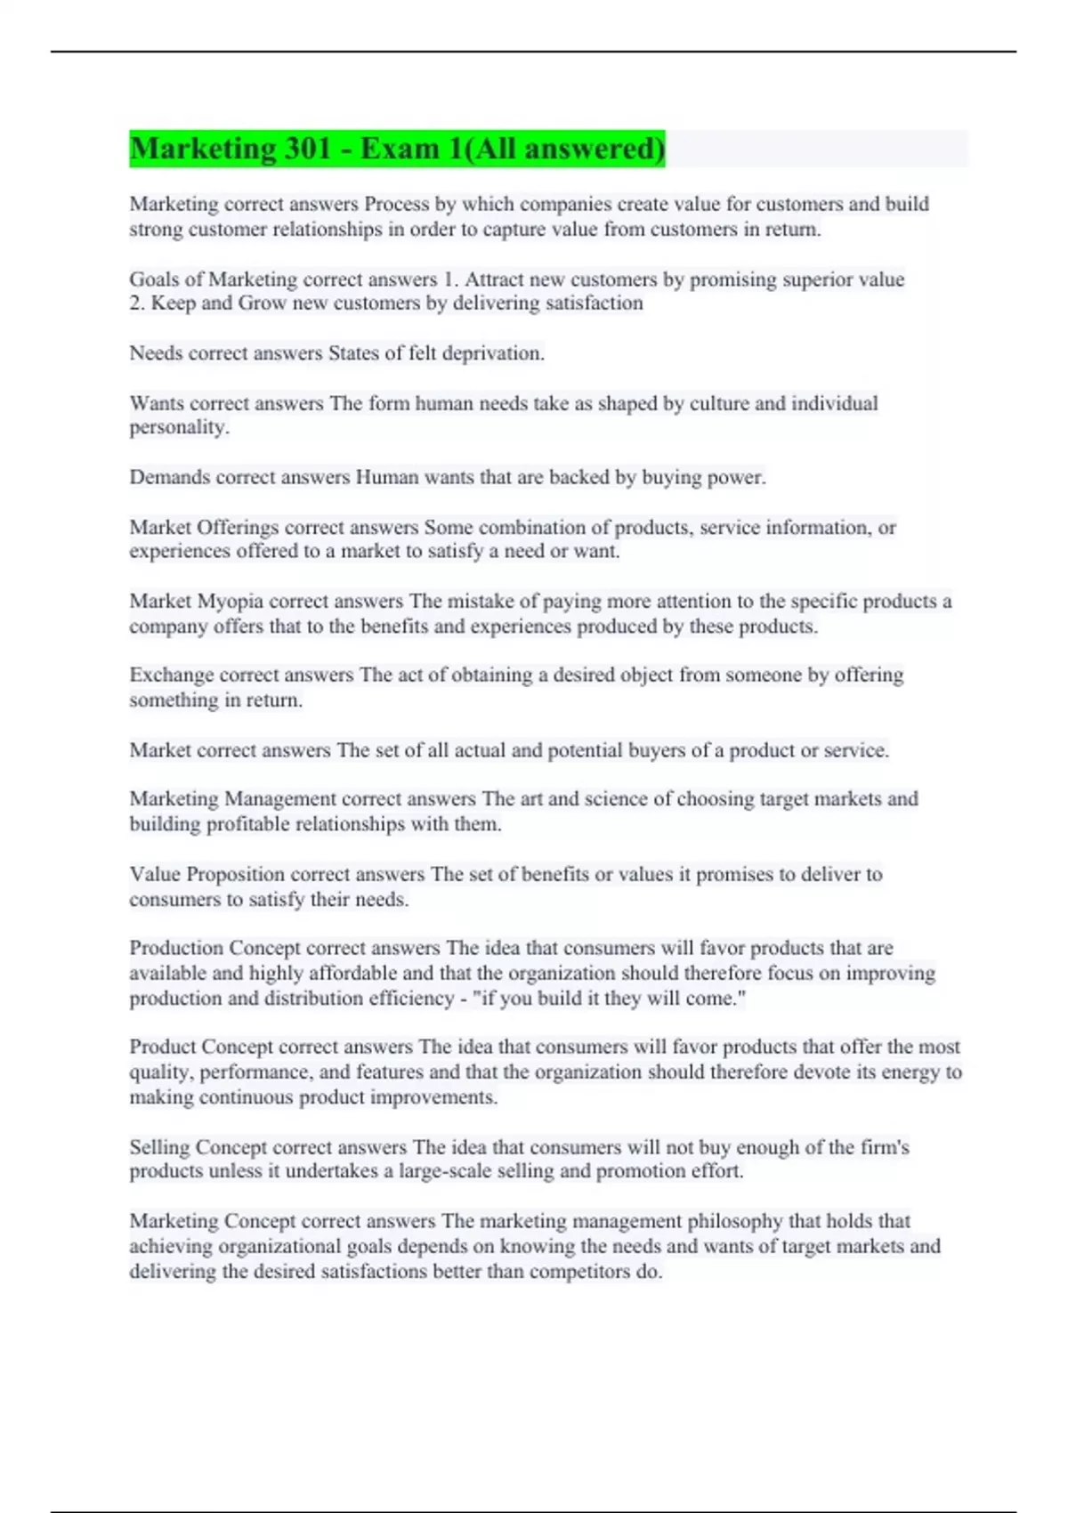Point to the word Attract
click(494, 279)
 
